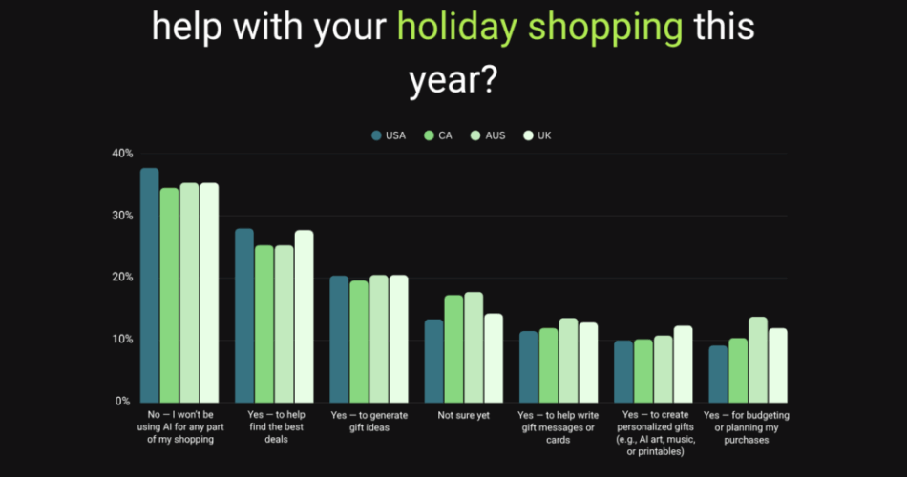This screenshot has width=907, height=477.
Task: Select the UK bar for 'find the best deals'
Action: coord(304,316)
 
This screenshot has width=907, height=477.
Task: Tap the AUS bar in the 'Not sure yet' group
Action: coord(474,347)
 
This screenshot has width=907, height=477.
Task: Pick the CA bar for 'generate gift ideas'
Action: coord(359,341)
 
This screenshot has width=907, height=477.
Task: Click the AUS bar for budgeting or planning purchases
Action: coord(758,360)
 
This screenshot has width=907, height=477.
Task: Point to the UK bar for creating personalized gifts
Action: coord(683,363)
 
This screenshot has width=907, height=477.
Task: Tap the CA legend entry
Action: coord(438,135)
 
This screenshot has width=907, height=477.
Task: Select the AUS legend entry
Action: coord(488,135)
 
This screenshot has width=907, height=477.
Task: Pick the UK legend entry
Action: coord(538,135)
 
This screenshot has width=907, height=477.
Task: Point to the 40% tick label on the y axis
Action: coord(122,154)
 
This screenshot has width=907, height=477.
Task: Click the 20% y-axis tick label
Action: coord(122,278)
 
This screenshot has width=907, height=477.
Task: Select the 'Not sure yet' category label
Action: coord(463,416)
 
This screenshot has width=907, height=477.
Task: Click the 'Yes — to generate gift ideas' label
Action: coord(369,421)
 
